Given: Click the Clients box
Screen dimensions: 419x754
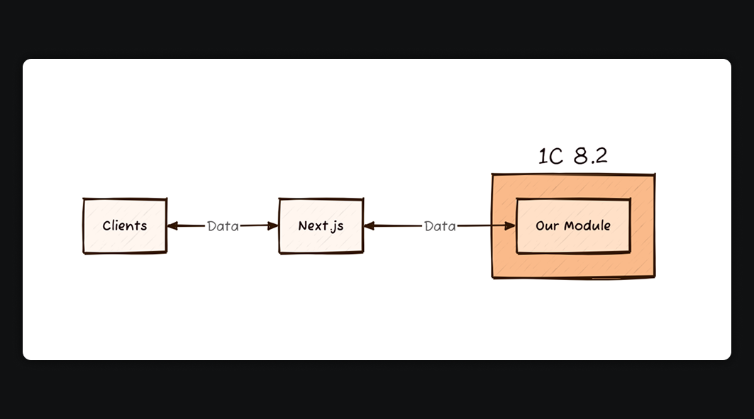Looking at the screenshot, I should pos(125,225).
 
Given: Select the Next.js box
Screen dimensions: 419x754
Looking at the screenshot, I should pos(321,225).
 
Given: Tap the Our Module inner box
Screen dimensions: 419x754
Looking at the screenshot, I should pos(573,225).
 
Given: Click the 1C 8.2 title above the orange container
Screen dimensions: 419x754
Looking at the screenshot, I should pos(572,156).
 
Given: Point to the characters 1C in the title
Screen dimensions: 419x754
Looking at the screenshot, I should pos(550,157).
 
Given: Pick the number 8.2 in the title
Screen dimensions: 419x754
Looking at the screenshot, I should pos(590,156).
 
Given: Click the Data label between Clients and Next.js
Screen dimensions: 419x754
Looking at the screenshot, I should pos(223,226).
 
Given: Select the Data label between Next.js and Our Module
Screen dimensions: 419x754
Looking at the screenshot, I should pos(440,226).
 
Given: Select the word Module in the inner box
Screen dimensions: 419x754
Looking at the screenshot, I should pos(586,225).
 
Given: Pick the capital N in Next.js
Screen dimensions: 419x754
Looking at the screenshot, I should pos(302,225).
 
